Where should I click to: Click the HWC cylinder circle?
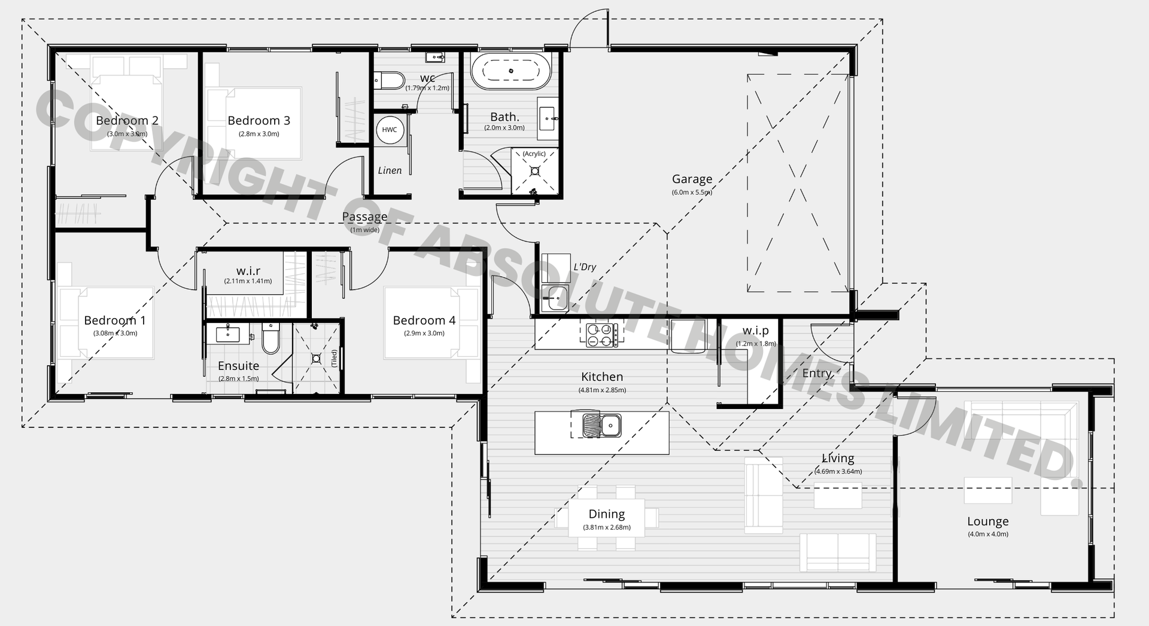pyautogui.click(x=389, y=130)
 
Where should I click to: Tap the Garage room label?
pyautogui.click(x=692, y=179)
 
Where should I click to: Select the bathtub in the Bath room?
pyautogui.click(x=510, y=71)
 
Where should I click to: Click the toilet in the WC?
pyautogui.click(x=390, y=80)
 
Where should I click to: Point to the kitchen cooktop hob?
pyautogui.click(x=601, y=335)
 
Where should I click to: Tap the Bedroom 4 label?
pyautogui.click(x=424, y=320)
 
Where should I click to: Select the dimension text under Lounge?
pyautogui.click(x=988, y=534)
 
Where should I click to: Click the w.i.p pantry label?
pyautogui.click(x=755, y=331)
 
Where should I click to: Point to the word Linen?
pyautogui.click(x=390, y=171)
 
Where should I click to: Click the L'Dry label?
pyautogui.click(x=585, y=267)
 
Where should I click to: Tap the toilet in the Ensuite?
pyautogui.click(x=270, y=339)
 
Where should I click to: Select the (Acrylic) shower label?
pyautogui.click(x=534, y=154)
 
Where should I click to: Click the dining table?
pyautogui.click(x=606, y=518)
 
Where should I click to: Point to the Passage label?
pyautogui.click(x=364, y=216)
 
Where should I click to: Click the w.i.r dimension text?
pyautogui.click(x=248, y=281)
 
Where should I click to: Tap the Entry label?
pyautogui.click(x=816, y=373)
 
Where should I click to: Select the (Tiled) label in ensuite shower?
pyautogui.click(x=335, y=358)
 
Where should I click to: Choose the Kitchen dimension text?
pyautogui.click(x=602, y=390)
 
